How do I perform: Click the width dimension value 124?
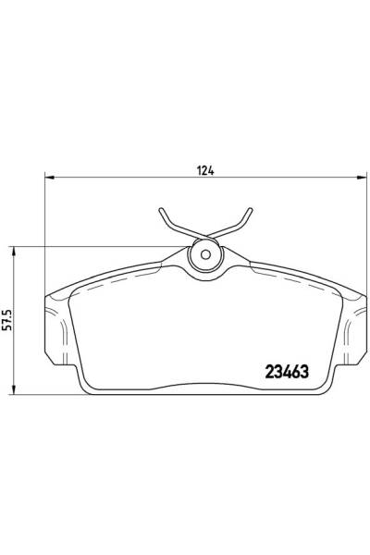tap(206, 169)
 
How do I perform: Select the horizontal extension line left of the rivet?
tap(92, 245)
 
